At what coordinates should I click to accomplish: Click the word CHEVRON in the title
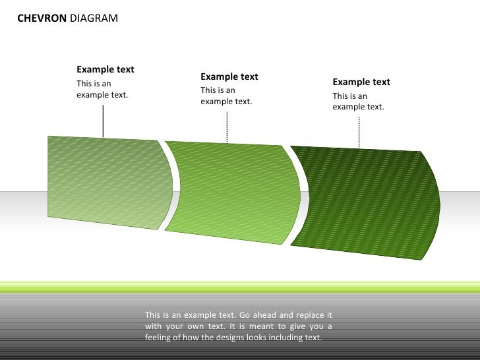pyautogui.click(x=42, y=18)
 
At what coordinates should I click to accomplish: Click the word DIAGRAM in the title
pyautogui.click(x=94, y=18)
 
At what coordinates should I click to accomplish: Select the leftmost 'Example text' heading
pyautogui.click(x=105, y=70)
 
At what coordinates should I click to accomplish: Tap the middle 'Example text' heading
pyautogui.click(x=229, y=76)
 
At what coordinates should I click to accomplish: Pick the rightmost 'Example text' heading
pyautogui.click(x=361, y=82)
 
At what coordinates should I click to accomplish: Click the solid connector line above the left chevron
pyautogui.click(x=103, y=120)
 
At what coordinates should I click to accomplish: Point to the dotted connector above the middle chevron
pyautogui.click(x=227, y=127)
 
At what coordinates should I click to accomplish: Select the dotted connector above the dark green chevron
pyautogui.click(x=359, y=132)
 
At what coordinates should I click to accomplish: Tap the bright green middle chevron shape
pyautogui.click(x=231, y=191)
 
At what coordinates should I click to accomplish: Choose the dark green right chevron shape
pyautogui.click(x=363, y=201)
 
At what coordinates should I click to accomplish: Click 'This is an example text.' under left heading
pyautogui.click(x=102, y=89)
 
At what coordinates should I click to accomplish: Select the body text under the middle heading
pyautogui.click(x=226, y=96)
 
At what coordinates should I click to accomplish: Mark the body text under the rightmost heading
pyautogui.click(x=358, y=101)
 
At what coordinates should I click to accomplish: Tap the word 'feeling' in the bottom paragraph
pyautogui.click(x=160, y=337)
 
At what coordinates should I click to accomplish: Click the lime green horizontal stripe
pyautogui.click(x=240, y=286)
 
